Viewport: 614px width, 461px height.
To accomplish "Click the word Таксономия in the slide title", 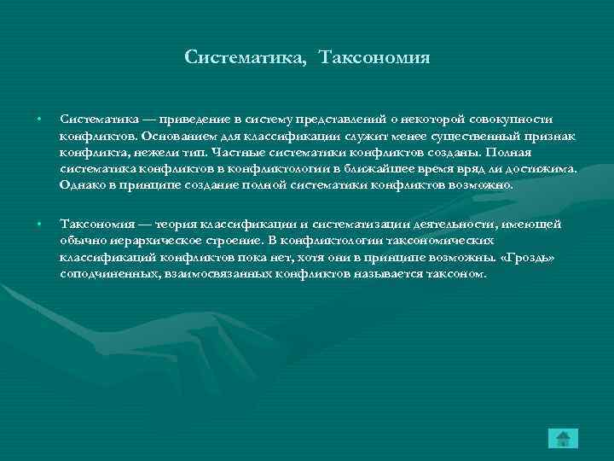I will (375, 58).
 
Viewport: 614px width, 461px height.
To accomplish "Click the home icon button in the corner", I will (562, 439).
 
